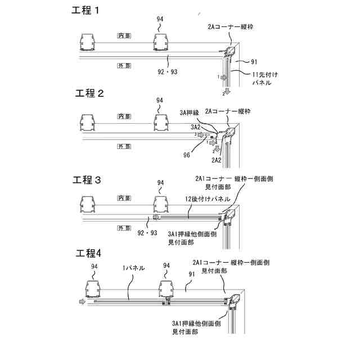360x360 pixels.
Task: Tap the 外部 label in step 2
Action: coord(124,146)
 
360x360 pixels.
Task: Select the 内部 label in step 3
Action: coord(124,198)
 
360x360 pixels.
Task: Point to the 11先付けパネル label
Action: coord(262,78)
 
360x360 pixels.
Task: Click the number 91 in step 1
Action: coord(254,61)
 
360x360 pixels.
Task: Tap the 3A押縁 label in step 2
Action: coord(190,112)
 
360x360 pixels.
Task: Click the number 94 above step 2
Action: coord(160,100)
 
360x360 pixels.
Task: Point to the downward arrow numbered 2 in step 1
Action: coord(226,91)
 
